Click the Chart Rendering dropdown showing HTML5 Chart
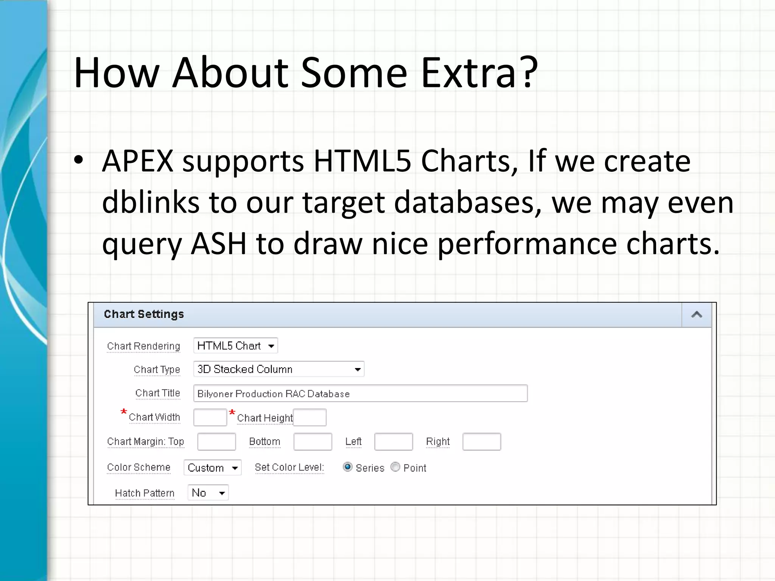click(235, 346)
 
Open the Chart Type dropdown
click(279, 369)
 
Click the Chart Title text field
click(360, 393)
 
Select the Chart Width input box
click(210, 417)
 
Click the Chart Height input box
click(310, 417)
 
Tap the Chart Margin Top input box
click(216, 442)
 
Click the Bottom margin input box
click(313, 442)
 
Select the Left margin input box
click(394, 442)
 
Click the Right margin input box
click(482, 442)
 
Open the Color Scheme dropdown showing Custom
click(213, 468)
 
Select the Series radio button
click(347, 467)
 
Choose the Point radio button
click(395, 467)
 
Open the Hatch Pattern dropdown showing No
click(208, 493)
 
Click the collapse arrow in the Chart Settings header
click(697, 315)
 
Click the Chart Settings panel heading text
click(144, 314)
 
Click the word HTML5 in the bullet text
click(362, 161)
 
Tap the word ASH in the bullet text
click(218, 244)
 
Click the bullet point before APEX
click(78, 160)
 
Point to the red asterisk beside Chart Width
click(124, 412)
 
